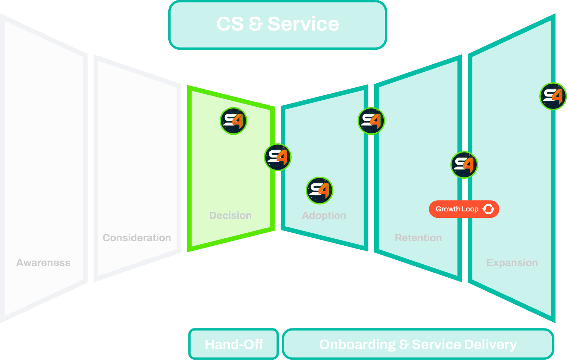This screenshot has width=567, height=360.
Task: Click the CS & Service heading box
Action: (x=277, y=25)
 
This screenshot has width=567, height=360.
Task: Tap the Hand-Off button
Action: (x=234, y=344)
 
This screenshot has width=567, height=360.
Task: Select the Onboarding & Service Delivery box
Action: (x=418, y=344)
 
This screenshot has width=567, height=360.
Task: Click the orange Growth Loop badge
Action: (x=464, y=209)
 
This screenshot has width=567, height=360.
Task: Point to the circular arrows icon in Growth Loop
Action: (x=488, y=209)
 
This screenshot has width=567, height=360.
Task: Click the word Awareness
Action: (x=43, y=263)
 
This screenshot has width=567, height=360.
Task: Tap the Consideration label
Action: (x=137, y=238)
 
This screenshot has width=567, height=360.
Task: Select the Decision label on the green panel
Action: (x=230, y=216)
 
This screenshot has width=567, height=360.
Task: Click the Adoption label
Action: (x=324, y=216)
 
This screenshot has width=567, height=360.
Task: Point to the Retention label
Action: (x=418, y=238)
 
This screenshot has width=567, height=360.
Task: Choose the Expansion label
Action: (x=512, y=263)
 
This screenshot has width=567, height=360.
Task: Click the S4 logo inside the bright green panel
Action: (x=234, y=121)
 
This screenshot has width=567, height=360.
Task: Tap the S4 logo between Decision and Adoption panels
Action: (x=278, y=157)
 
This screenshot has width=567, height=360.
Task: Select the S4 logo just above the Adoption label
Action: (x=320, y=190)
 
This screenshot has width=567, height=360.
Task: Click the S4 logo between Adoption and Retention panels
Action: (x=371, y=121)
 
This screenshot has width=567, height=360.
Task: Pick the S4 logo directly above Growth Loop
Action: (x=464, y=165)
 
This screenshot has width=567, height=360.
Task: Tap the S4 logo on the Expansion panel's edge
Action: (x=553, y=96)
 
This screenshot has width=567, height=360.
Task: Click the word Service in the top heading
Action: (x=303, y=24)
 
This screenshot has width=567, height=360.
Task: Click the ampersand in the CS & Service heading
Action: (x=255, y=24)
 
